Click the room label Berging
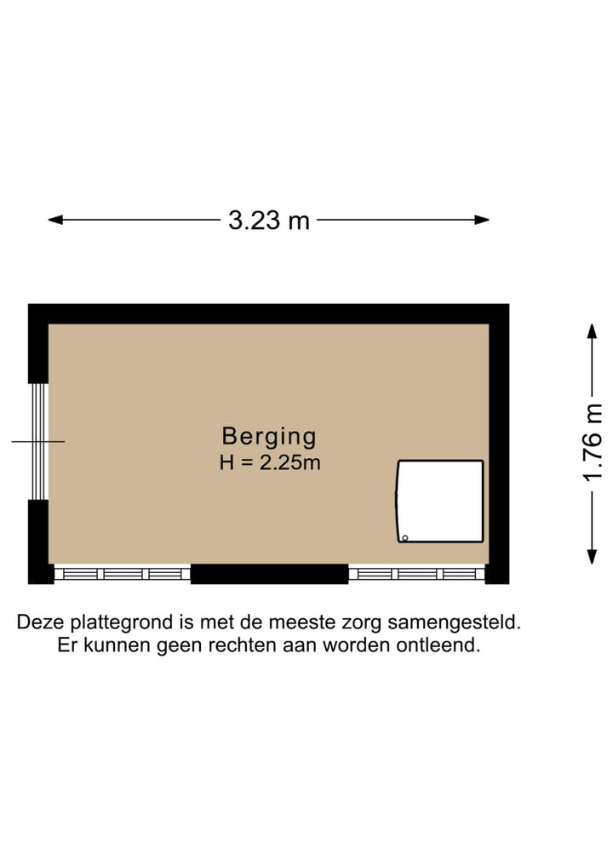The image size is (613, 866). (x=269, y=437)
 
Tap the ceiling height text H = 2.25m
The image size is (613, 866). (x=269, y=464)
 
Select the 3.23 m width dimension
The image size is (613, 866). (x=269, y=221)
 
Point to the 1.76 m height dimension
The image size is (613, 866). (x=593, y=443)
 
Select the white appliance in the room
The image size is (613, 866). (x=440, y=502)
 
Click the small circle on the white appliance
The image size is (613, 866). (x=405, y=537)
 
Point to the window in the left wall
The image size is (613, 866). (x=37, y=441)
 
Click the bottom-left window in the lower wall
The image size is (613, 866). (x=123, y=574)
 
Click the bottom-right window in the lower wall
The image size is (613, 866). (x=416, y=574)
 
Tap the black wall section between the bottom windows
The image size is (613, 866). (x=269, y=574)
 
